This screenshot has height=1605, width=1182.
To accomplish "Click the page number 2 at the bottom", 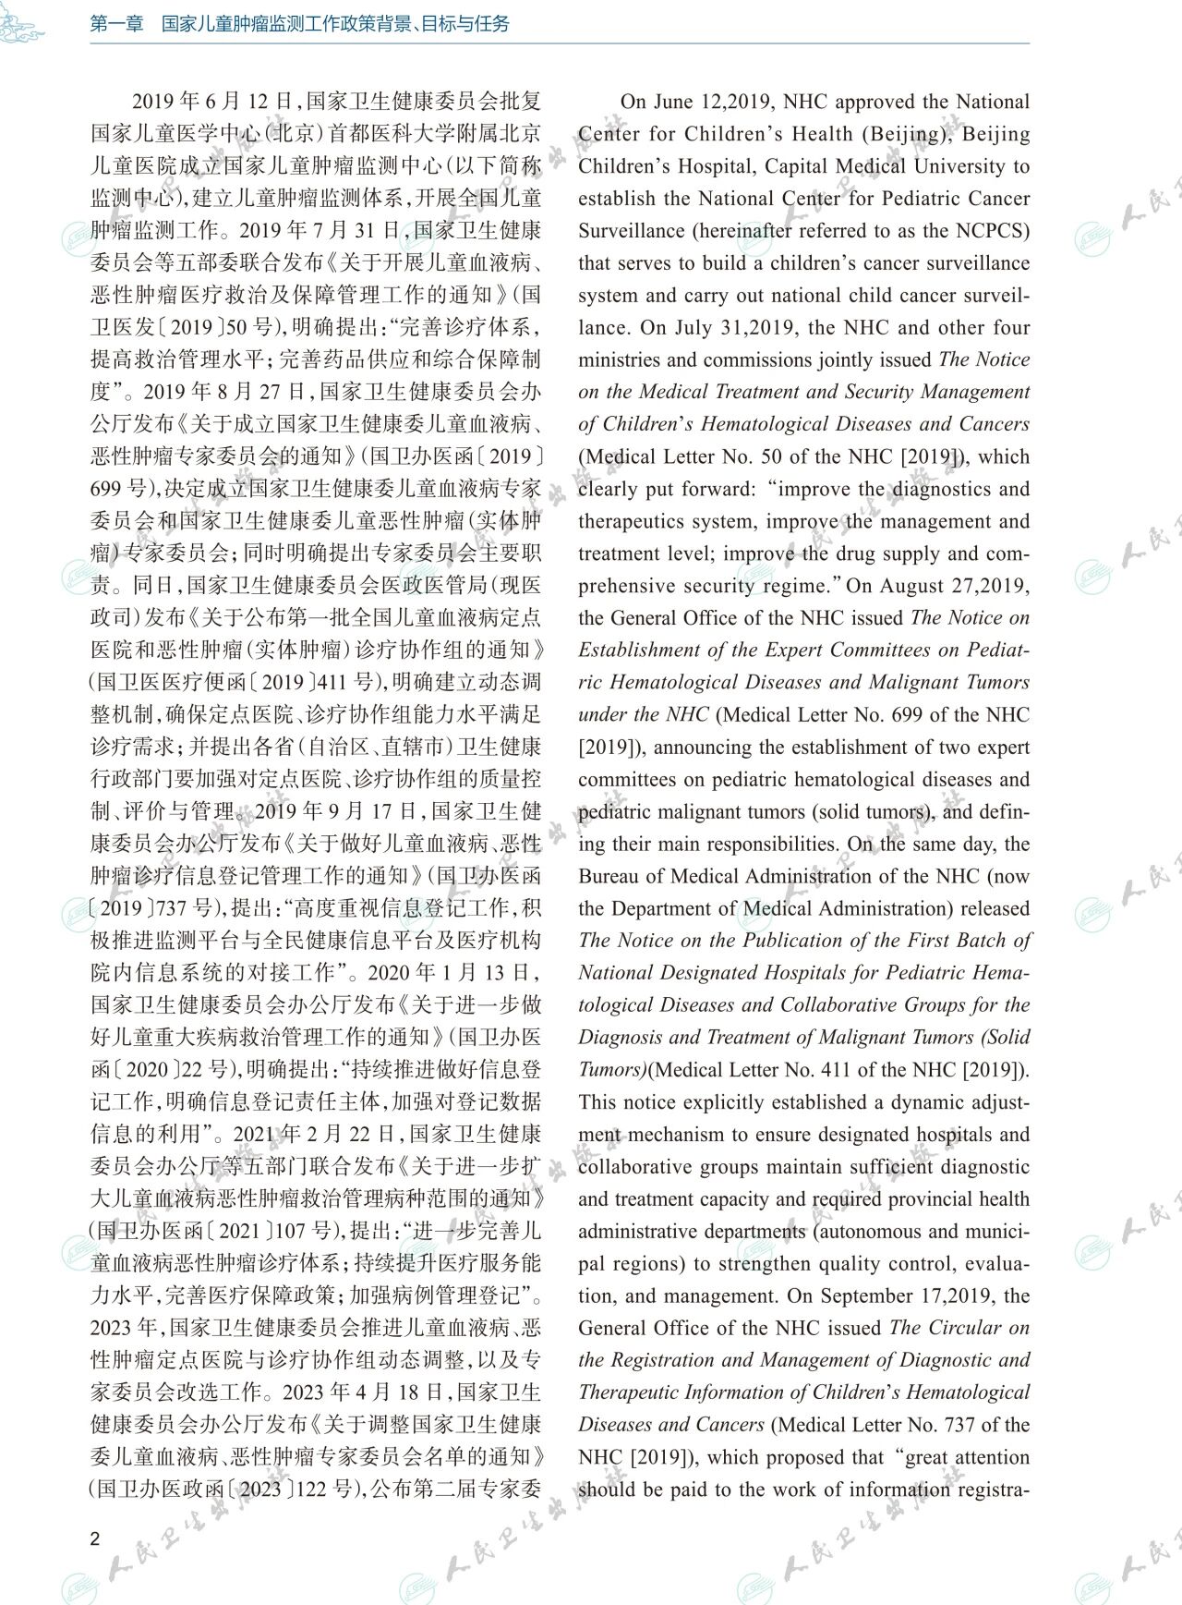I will coord(95,1538).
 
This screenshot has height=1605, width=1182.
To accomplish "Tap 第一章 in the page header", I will coord(117,24).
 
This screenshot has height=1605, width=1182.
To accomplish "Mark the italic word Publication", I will coord(785,941).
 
